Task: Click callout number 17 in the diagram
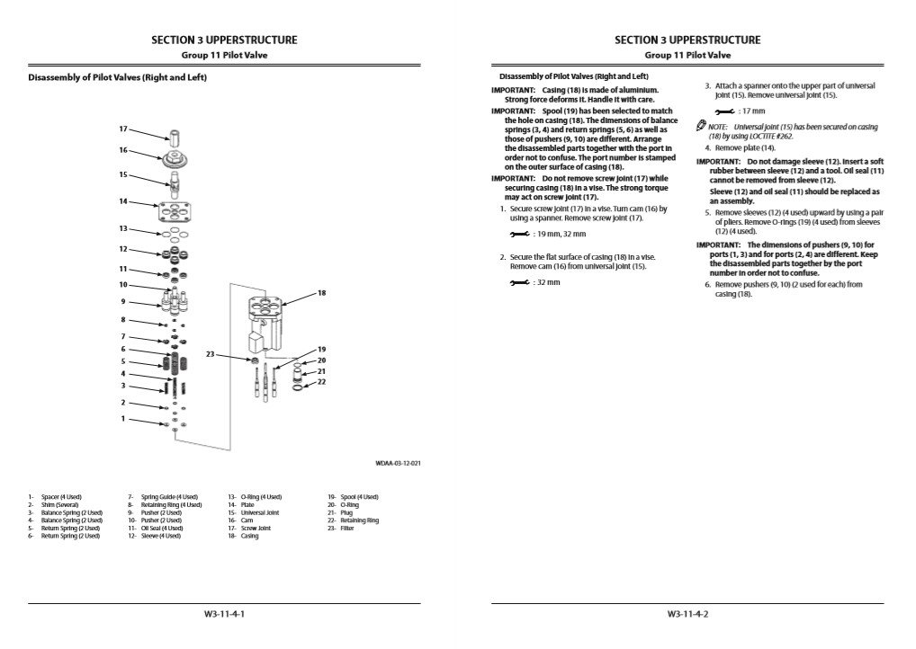point(123,129)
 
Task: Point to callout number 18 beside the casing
point(321,293)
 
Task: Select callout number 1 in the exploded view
point(123,418)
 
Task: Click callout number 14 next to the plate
point(123,201)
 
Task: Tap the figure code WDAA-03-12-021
point(399,463)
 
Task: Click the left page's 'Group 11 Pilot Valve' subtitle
point(224,55)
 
